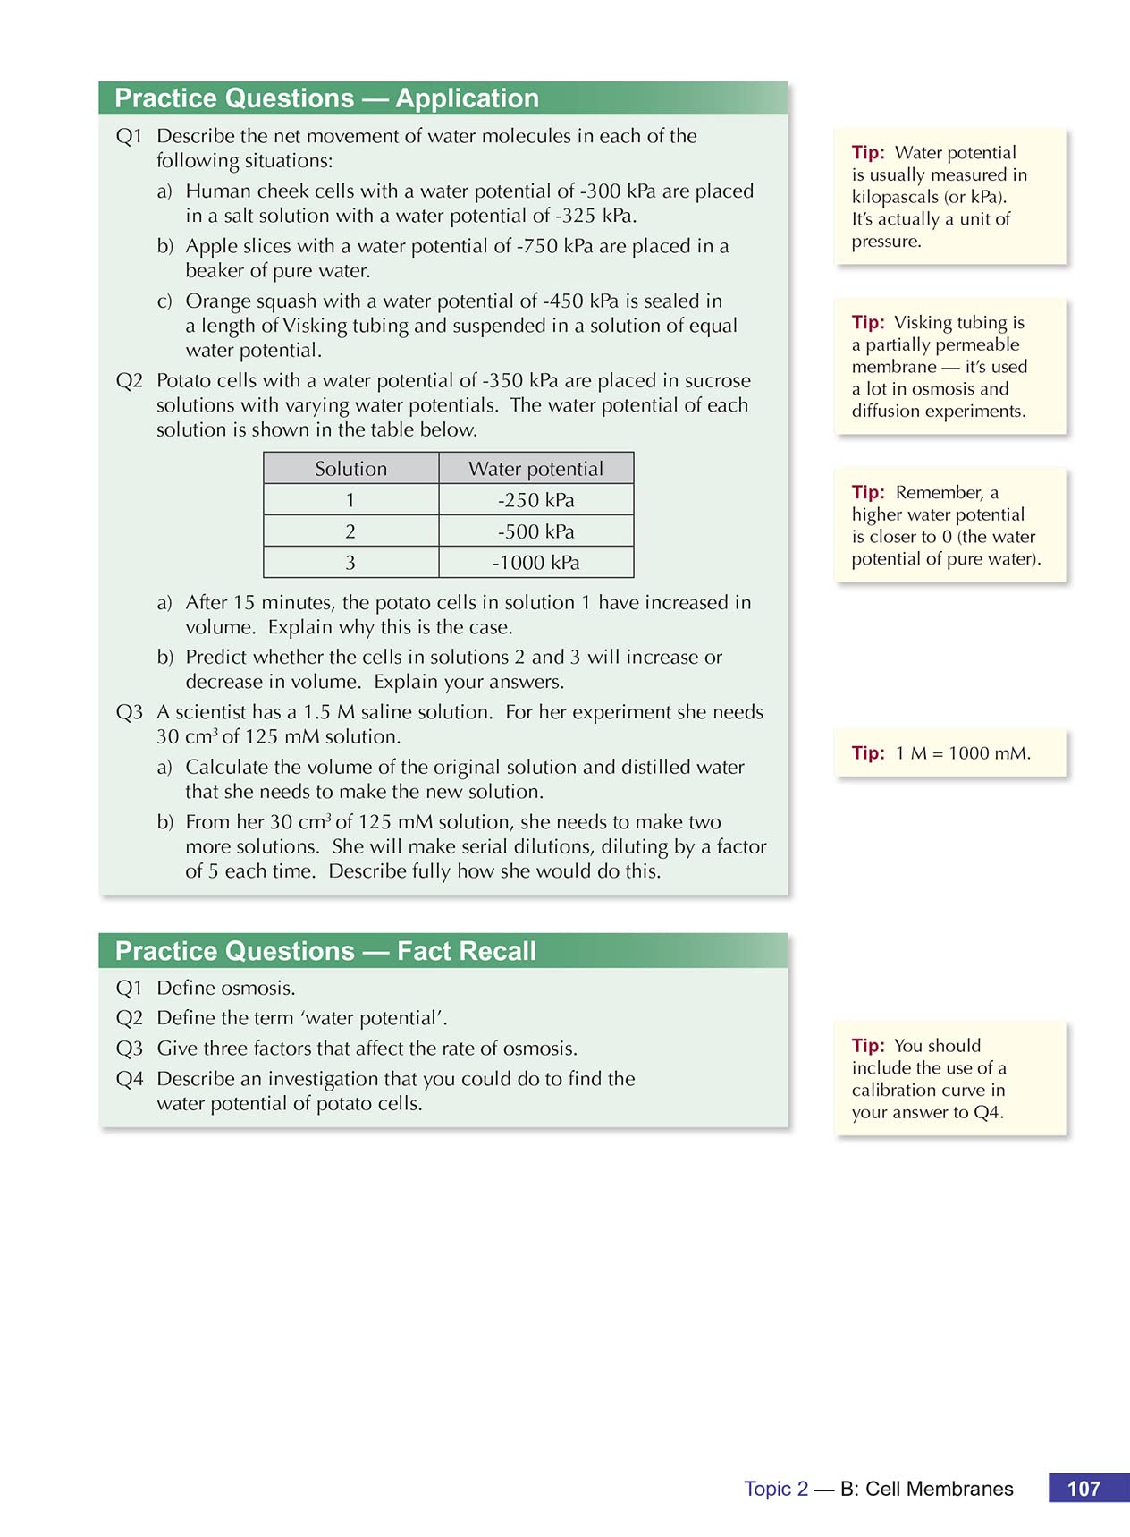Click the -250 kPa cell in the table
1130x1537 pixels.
[535, 500]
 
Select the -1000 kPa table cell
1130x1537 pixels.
[535, 563]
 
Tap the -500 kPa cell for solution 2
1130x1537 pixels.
[535, 531]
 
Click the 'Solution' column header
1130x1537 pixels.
[350, 469]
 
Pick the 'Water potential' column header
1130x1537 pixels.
[535, 469]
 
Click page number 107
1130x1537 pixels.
[1084, 1489]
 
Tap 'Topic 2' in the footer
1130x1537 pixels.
[776, 1489]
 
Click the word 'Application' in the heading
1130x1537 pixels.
[467, 98]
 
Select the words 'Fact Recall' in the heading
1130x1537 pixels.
[466, 951]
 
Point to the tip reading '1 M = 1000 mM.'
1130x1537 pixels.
[962, 753]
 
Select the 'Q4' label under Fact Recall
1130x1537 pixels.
[130, 1079]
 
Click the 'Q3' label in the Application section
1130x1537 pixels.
[130, 712]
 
